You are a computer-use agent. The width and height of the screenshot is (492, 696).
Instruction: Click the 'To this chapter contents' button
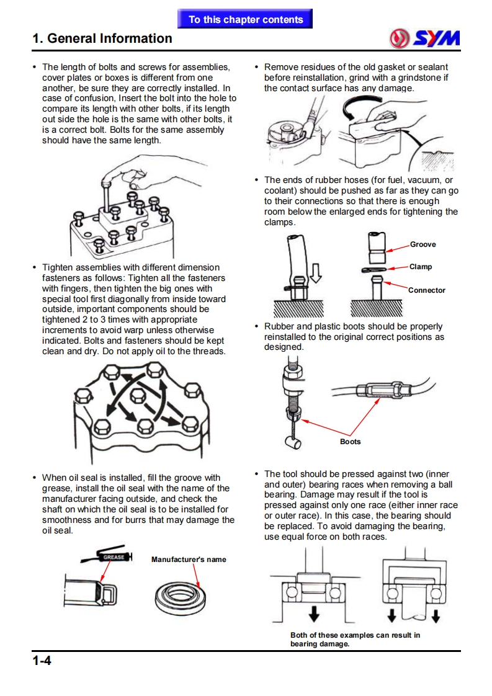[246, 19]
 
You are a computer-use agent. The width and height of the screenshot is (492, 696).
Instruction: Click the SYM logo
[425, 38]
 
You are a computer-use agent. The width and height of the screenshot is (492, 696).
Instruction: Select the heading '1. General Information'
[102, 38]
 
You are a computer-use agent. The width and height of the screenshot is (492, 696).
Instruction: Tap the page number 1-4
[42, 661]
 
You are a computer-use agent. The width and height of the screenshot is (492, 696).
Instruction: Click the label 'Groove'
[423, 244]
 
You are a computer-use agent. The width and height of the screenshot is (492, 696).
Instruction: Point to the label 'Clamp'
[420, 267]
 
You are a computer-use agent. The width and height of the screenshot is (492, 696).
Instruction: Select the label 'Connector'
[426, 290]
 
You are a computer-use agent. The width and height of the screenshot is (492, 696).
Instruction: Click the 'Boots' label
[350, 442]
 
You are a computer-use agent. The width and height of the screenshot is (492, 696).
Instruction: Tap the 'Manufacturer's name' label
[189, 560]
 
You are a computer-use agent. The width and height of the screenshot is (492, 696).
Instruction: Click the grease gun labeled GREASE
[112, 557]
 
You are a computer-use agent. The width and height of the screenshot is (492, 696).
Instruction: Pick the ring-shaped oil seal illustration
[181, 596]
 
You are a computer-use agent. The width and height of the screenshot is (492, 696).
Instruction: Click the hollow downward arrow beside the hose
[316, 272]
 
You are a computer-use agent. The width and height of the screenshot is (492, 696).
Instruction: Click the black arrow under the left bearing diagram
[315, 613]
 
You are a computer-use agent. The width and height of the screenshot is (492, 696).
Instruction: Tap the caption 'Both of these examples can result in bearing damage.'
[355, 640]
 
